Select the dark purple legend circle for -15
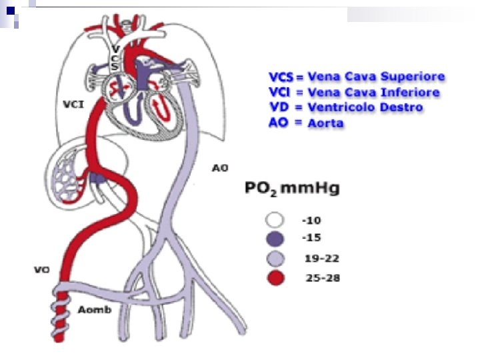point(275,239)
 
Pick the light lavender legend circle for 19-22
point(275,259)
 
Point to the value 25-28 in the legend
point(323,279)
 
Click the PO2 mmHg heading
point(291,190)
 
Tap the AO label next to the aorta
point(220,168)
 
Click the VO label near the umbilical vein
point(42,270)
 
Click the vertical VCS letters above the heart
point(115,59)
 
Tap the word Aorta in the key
point(326,123)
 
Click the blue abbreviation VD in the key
point(278,107)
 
